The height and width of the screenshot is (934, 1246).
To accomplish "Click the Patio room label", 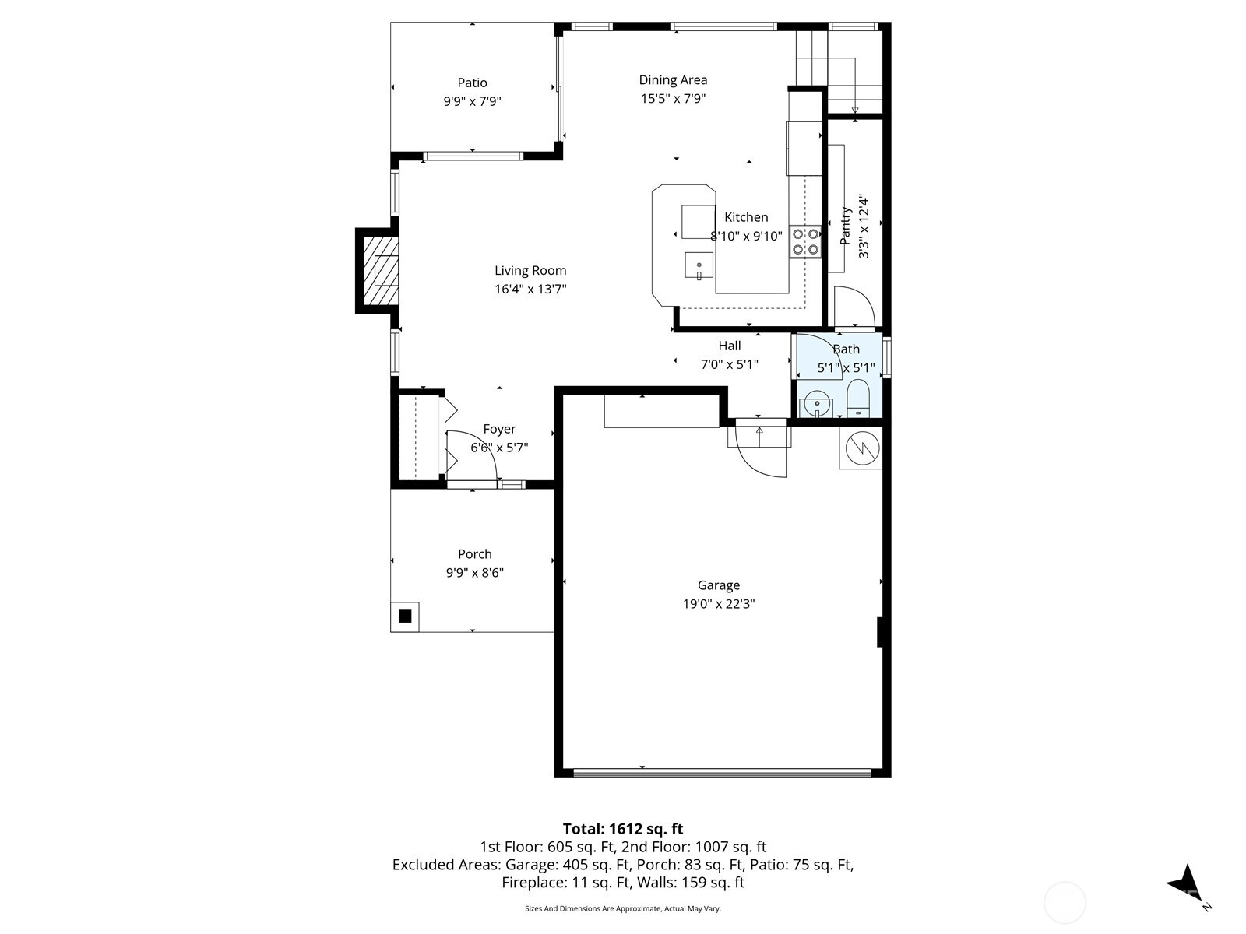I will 472,83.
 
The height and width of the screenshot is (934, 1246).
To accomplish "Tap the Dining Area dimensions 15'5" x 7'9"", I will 673,99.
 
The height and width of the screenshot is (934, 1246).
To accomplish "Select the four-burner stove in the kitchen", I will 805,241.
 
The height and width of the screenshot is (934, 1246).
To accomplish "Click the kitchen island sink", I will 699,265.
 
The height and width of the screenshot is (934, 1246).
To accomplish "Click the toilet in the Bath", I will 857,398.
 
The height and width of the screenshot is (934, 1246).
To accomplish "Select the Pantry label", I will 846,226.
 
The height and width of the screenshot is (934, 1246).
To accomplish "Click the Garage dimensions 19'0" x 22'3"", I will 718,604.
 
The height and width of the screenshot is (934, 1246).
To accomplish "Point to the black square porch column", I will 405,616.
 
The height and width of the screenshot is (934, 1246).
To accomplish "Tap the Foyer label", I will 499,429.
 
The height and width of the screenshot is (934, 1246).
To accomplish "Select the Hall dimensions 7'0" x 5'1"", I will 729,364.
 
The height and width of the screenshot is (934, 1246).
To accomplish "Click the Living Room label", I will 530,271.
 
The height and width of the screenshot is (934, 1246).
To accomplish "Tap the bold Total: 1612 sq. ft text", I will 623,829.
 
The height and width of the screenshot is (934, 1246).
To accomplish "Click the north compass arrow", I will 1186,883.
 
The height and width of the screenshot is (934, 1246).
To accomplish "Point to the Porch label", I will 474,554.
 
